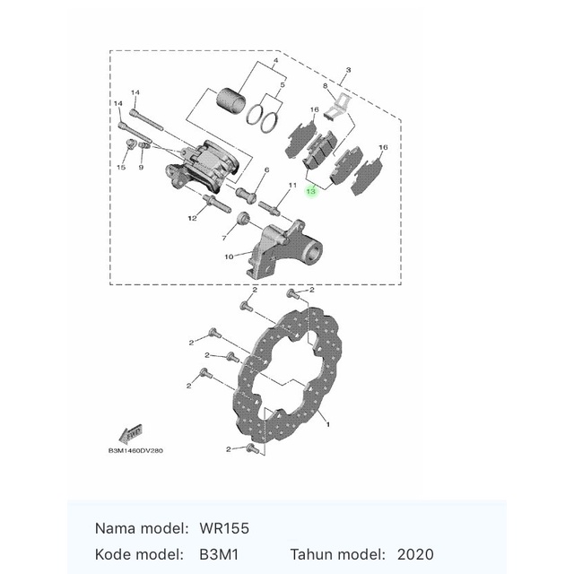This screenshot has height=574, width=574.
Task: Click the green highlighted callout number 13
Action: click(x=311, y=192)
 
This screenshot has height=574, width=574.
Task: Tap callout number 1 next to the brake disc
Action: click(x=327, y=423)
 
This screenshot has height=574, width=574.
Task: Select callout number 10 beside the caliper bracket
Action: click(x=229, y=257)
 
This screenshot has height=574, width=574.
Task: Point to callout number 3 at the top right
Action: click(x=348, y=69)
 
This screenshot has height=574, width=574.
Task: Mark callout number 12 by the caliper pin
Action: click(x=192, y=218)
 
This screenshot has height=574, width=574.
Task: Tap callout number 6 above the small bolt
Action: click(x=266, y=170)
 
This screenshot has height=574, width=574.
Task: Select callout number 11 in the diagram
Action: click(x=291, y=185)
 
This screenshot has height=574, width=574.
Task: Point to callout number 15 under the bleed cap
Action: click(x=121, y=168)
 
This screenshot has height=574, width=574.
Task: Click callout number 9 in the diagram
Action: click(x=141, y=168)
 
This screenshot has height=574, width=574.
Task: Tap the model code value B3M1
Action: click(x=220, y=555)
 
